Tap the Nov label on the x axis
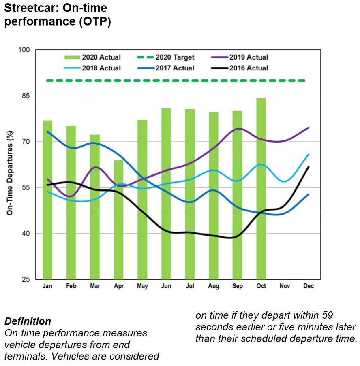(x=285, y=286)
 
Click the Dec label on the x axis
(x=309, y=286)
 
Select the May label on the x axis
(x=142, y=286)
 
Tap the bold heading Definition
(x=28, y=321)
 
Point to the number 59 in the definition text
(x=329, y=315)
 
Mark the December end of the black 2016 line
(x=309, y=167)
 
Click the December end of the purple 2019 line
(x=309, y=128)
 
